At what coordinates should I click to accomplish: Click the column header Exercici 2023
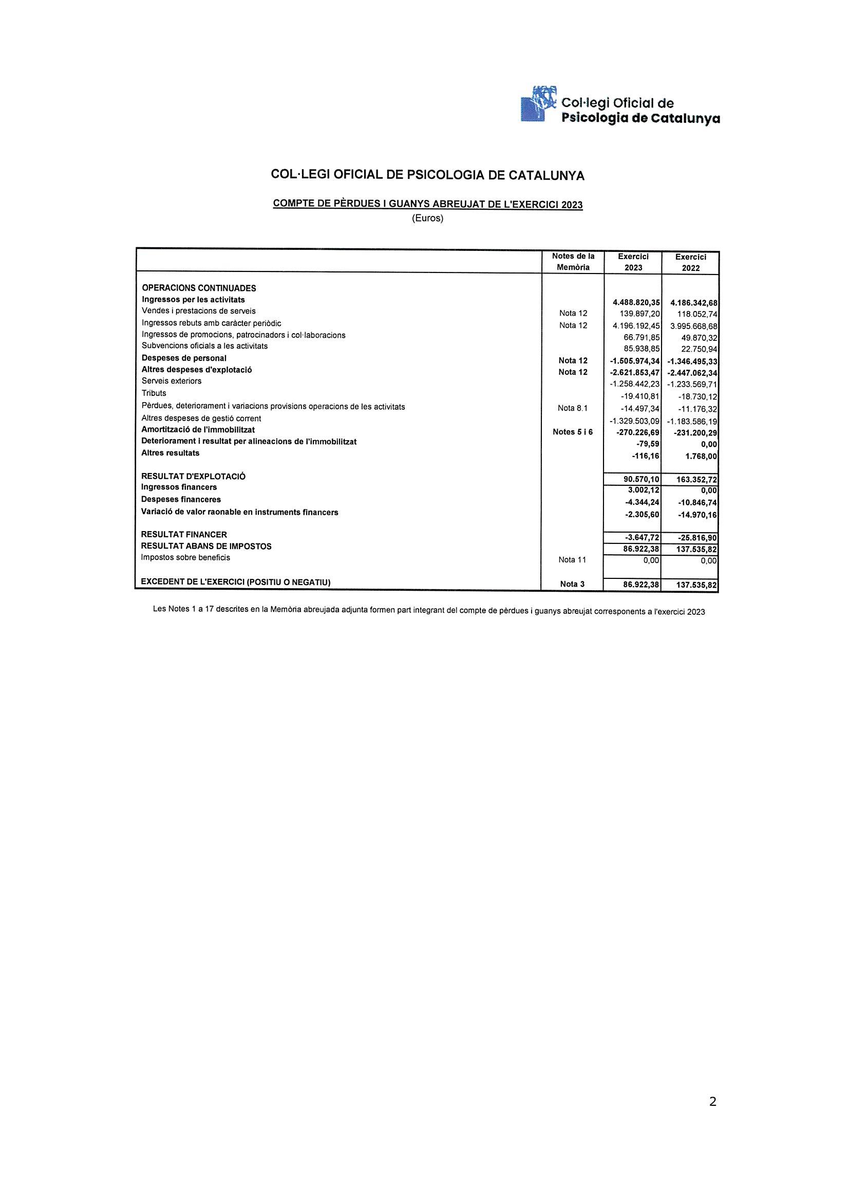633,262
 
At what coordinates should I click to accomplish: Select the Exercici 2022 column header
690,262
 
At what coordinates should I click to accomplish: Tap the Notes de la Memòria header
573,262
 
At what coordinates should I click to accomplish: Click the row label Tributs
154,393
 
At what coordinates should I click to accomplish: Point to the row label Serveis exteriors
172,381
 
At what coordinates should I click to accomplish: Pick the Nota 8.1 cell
573,408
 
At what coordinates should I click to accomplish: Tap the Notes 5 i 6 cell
573,432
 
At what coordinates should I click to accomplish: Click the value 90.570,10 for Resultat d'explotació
642,479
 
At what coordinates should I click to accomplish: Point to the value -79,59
648,445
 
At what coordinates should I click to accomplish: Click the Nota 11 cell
572,560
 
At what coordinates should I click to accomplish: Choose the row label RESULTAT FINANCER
184,535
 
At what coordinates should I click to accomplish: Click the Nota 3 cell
572,584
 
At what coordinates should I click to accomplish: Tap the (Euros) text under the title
427,218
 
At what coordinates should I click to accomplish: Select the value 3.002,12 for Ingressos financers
644,490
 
